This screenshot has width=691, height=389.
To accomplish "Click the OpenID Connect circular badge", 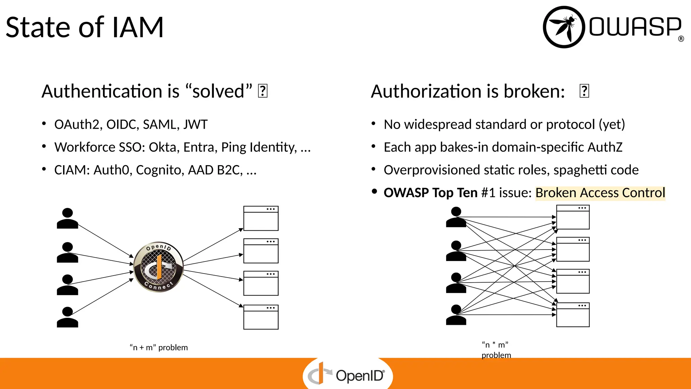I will [159, 267].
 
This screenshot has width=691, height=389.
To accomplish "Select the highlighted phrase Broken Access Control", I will [600, 193].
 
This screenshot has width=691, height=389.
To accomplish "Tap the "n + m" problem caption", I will [159, 347].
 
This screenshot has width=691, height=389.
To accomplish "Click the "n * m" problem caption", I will [496, 349].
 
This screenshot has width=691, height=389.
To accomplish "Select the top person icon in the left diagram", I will [67, 218].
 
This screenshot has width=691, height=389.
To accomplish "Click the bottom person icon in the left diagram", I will [67, 317].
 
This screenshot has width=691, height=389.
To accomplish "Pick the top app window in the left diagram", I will [261, 218].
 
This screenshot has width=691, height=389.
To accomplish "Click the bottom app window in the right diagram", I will [573, 315].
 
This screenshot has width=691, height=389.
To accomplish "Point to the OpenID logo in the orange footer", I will [348, 375].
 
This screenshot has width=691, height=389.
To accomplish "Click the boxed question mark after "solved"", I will [262, 91].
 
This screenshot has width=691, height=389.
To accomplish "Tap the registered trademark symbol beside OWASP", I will [681, 39].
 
